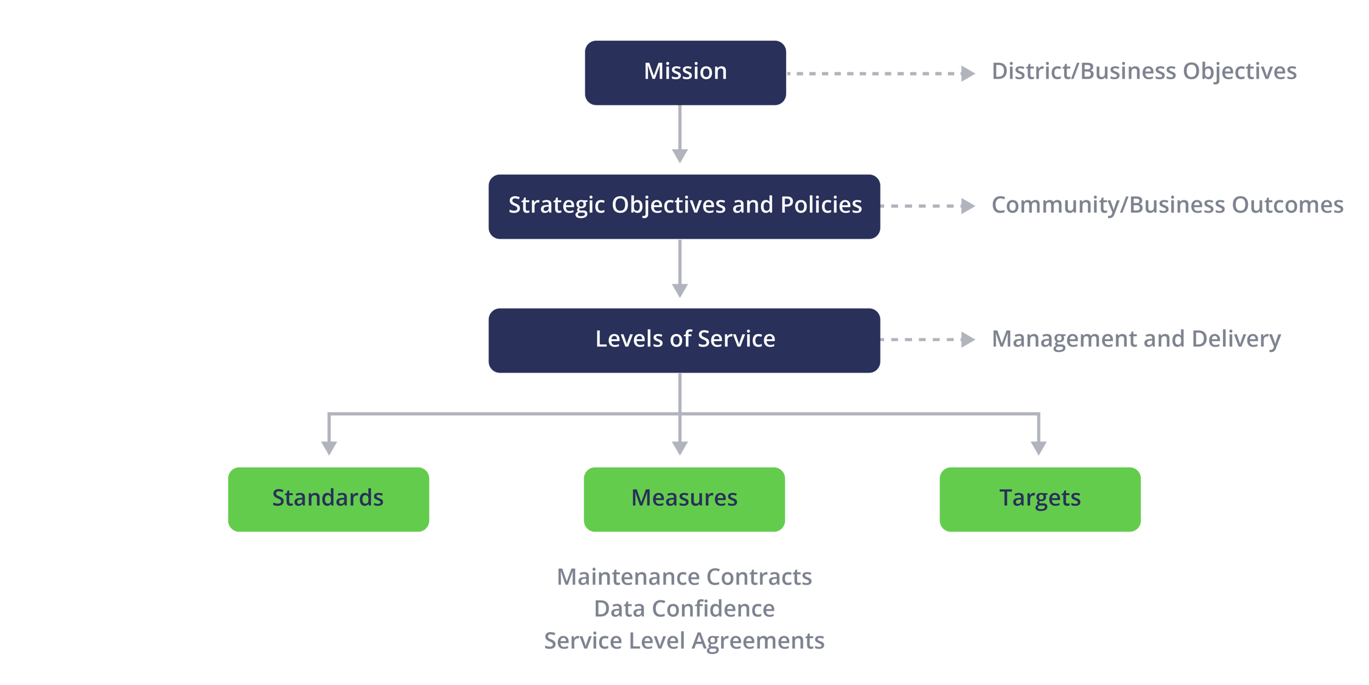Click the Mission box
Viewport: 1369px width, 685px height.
(x=685, y=72)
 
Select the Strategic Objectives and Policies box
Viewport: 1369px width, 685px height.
(x=684, y=206)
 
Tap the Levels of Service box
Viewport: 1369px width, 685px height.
(x=684, y=340)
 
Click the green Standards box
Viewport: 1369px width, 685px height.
(x=329, y=499)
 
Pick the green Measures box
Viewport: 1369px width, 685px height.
(x=684, y=499)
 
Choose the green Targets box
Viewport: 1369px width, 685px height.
(x=1040, y=499)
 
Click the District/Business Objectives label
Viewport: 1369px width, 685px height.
(x=1144, y=71)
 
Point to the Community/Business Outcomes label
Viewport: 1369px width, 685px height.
(x=1167, y=205)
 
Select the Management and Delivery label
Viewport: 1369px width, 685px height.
(x=1136, y=339)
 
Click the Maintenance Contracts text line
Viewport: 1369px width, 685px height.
(x=684, y=577)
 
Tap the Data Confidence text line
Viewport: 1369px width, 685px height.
(x=684, y=609)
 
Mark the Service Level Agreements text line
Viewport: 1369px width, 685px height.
(x=684, y=641)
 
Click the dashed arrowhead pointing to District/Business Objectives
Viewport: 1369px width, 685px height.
(x=967, y=73)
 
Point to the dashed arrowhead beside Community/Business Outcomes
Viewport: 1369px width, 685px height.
(x=967, y=206)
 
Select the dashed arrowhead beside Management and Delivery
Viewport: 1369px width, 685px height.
(x=967, y=339)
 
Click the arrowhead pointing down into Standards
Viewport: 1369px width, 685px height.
(x=329, y=448)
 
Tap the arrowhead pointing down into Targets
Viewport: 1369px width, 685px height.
(x=1039, y=448)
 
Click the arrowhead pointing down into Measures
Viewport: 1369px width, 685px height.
(x=680, y=448)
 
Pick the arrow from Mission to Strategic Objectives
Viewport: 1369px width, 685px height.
(x=680, y=134)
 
